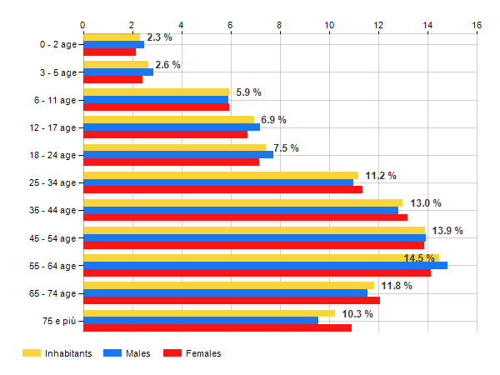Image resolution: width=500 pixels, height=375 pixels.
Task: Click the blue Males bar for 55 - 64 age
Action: click(265, 266)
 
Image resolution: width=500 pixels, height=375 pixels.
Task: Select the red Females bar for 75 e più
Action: click(217, 327)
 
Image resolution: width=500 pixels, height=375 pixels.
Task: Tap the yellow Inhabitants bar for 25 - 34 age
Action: click(220, 176)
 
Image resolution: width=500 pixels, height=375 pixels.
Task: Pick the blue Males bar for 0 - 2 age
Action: click(113, 44)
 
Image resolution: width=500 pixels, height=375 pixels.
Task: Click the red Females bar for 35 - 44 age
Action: click(245, 217)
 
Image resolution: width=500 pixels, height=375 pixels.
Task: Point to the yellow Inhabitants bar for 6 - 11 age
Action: click(156, 92)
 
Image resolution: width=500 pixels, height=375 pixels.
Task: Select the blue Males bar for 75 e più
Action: click(200, 321)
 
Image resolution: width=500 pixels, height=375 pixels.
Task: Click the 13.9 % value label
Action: click(447, 230)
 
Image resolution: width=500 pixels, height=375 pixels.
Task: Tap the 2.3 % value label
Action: click(158, 37)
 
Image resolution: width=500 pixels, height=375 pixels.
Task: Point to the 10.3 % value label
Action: click(357, 313)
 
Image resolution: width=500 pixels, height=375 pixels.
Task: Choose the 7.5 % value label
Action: click(286, 148)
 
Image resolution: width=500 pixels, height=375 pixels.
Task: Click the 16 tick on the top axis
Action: click(477, 25)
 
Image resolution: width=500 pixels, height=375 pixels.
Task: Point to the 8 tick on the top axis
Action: click(279, 25)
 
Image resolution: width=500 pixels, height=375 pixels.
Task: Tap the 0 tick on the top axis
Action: click(82, 25)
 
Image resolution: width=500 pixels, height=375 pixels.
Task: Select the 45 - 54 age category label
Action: click(52, 238)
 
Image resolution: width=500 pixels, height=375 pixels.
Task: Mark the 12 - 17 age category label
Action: click(52, 127)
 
